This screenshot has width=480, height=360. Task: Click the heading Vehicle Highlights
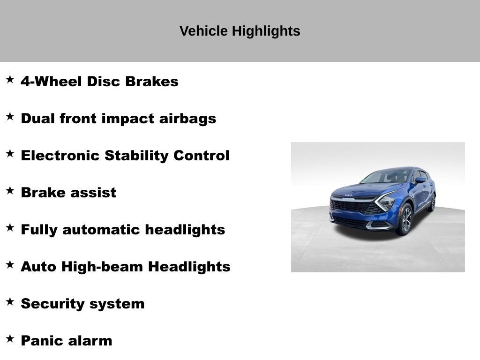[x=240, y=31]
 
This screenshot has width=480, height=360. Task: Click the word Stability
[x=137, y=156]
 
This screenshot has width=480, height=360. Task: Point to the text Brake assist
[x=68, y=193]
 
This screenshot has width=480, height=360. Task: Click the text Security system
[x=82, y=304]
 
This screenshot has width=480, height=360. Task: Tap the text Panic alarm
[x=67, y=341]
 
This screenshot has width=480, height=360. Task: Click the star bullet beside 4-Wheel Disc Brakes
[x=10, y=80]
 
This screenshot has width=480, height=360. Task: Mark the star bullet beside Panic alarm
[x=10, y=339]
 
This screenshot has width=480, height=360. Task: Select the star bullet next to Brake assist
[x=10, y=191]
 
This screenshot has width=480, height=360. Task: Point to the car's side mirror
[x=419, y=180]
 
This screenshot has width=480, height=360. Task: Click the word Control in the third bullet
[x=202, y=156]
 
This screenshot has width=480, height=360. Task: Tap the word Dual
[x=38, y=119]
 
